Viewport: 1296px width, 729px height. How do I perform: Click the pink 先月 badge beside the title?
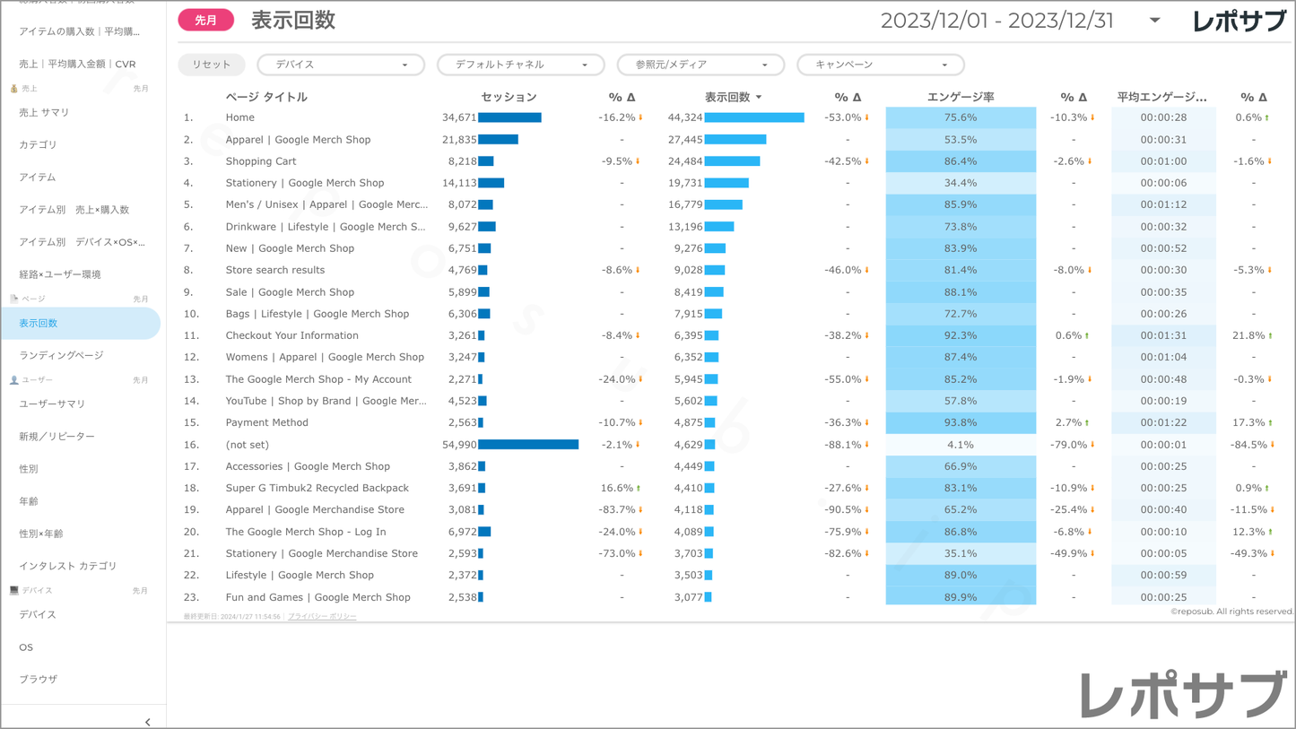point(205,21)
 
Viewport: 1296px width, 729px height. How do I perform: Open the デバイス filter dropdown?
point(340,65)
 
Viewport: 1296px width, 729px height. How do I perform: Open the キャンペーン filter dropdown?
point(880,65)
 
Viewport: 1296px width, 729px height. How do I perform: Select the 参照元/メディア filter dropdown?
point(700,65)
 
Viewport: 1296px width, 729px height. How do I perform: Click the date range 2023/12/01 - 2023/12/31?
point(996,21)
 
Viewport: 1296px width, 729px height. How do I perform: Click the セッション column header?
point(509,97)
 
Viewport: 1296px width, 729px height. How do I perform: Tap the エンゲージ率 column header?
point(960,97)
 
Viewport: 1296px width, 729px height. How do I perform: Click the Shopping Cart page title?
point(261,161)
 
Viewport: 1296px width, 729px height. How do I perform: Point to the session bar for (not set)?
point(528,445)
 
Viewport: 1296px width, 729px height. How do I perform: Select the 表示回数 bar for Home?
point(753,117)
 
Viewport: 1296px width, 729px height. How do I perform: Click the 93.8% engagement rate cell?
point(960,422)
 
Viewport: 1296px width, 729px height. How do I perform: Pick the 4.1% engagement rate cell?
point(960,445)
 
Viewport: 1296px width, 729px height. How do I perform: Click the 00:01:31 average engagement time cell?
point(1163,335)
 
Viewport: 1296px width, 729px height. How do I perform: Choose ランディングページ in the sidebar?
point(61,356)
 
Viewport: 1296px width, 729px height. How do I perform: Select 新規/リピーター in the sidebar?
point(57,437)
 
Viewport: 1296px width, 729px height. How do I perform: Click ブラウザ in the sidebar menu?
point(38,680)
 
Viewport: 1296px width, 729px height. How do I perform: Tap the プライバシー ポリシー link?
point(322,617)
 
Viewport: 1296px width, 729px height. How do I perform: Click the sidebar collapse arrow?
point(148,722)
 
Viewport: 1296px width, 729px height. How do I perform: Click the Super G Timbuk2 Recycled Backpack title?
point(317,488)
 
